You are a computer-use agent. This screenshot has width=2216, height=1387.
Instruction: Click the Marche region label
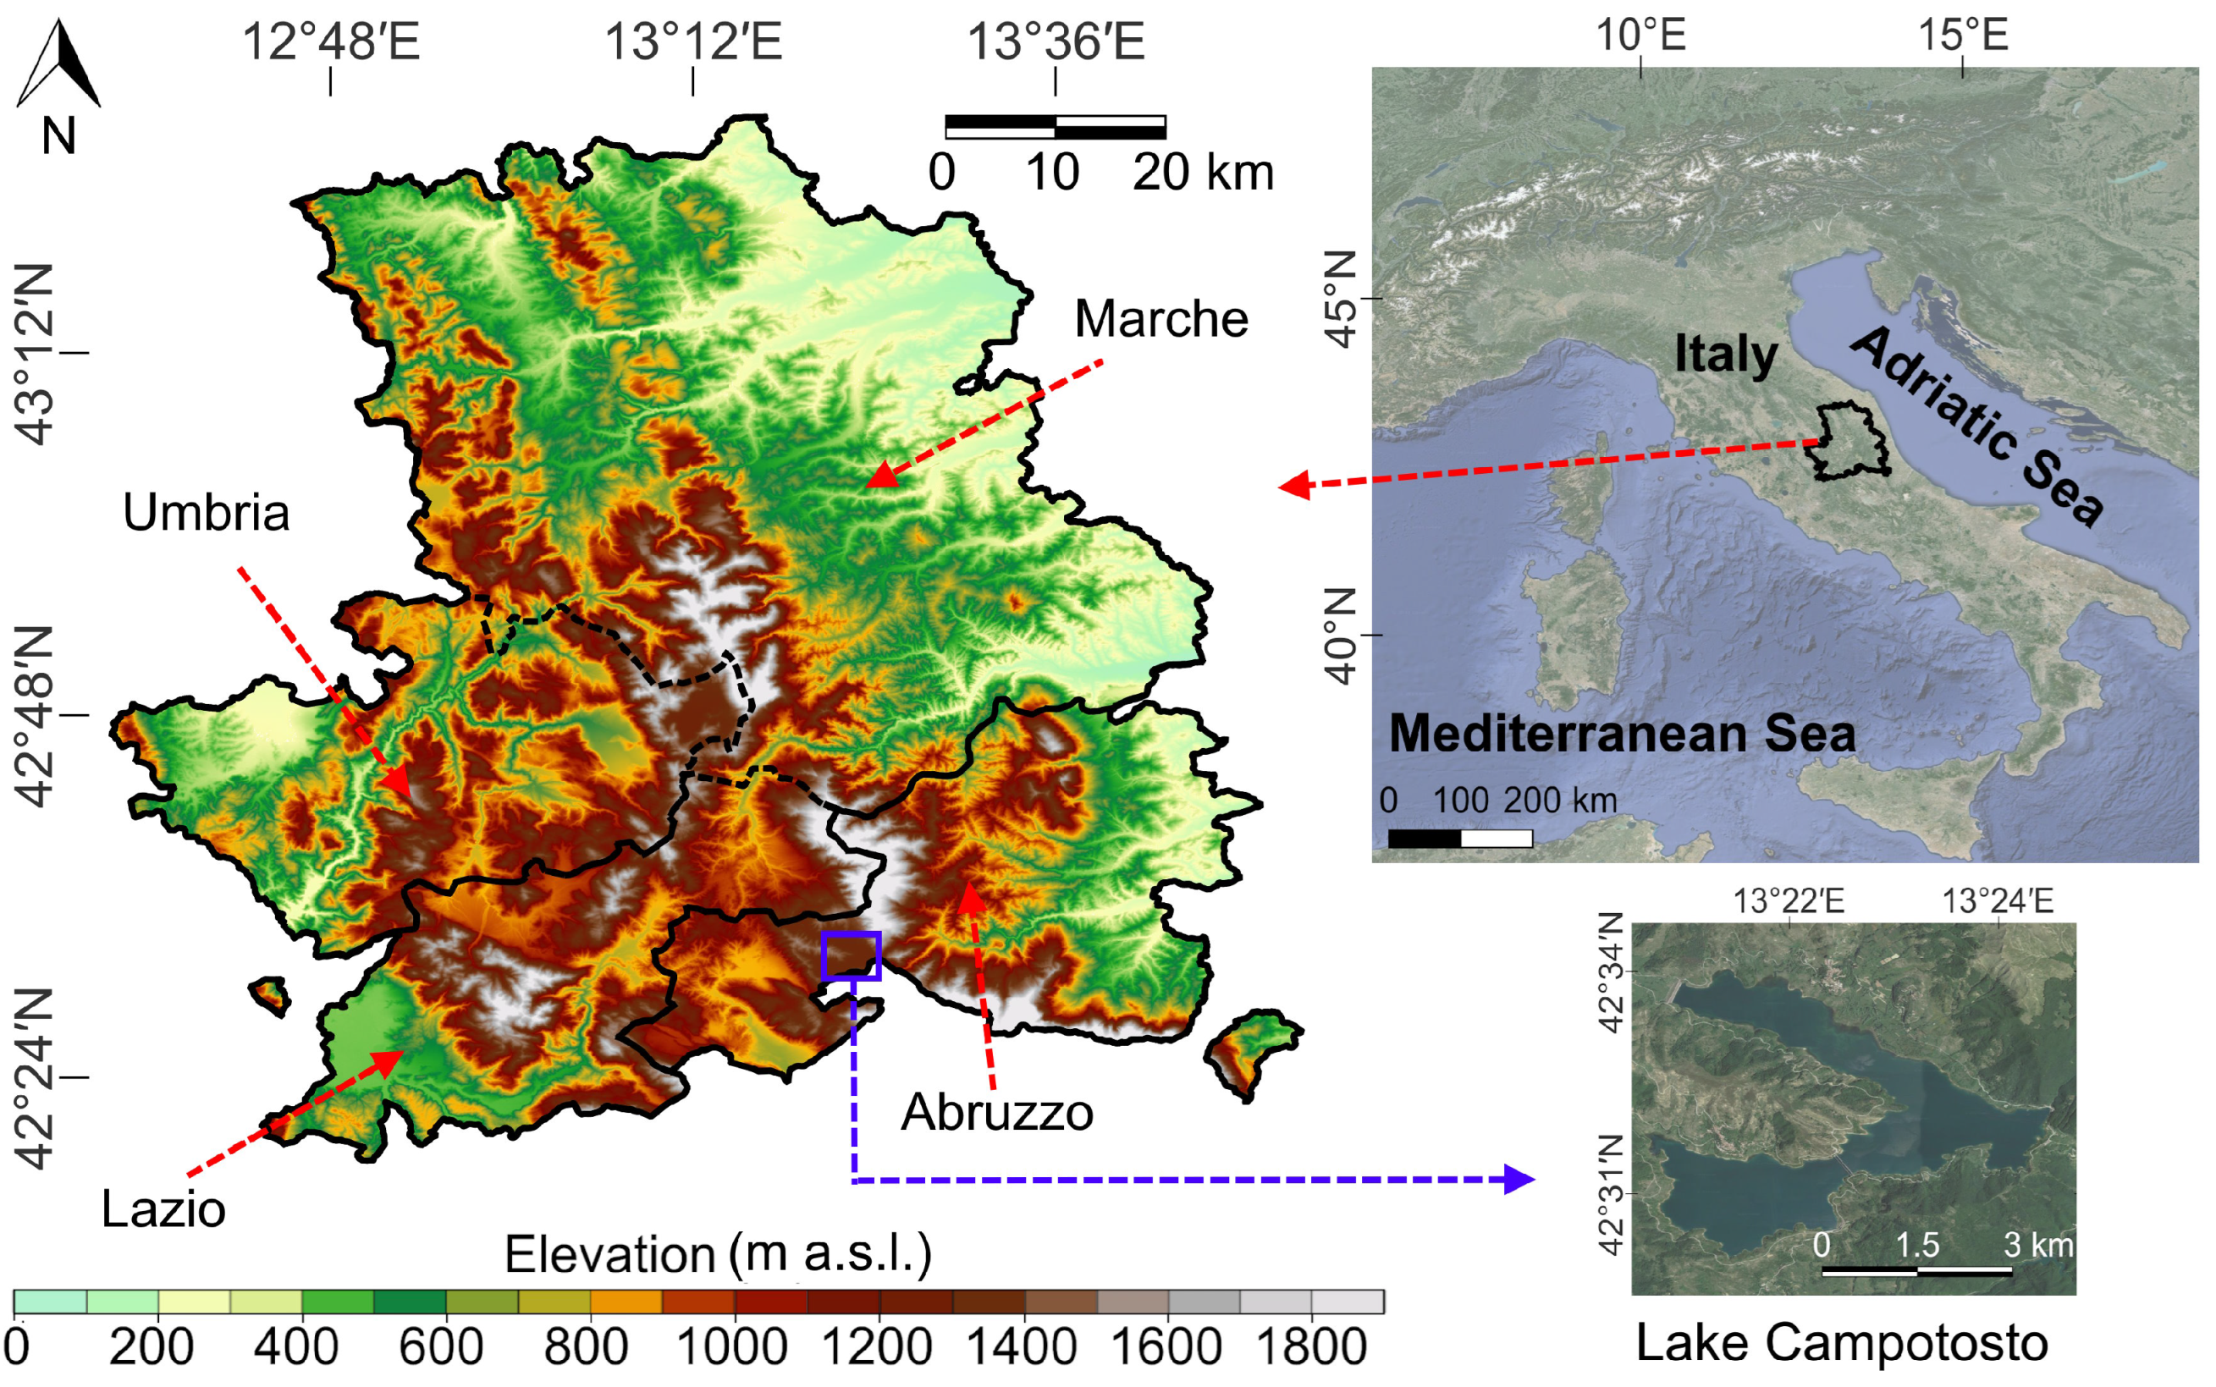pos(1160,319)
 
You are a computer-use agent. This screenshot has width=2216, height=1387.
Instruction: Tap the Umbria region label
pos(206,513)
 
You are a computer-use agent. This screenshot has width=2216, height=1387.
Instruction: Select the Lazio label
pos(163,1209)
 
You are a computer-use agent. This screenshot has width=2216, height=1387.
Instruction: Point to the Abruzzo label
pos(996,1113)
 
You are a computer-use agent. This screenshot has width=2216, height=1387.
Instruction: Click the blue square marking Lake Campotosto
pos(852,956)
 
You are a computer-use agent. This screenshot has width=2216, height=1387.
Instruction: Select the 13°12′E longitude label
pos(692,42)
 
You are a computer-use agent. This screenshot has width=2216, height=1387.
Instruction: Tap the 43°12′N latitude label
pos(35,354)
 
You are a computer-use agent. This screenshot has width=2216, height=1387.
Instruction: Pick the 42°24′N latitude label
pos(35,1079)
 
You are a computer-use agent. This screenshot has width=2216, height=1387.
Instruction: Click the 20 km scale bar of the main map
pos(1056,128)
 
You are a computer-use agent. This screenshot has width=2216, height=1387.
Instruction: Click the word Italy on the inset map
pos(1725,354)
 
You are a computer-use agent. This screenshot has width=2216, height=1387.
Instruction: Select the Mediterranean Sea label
pos(1622,734)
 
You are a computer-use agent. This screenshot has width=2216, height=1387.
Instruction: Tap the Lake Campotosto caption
pos(1842,1343)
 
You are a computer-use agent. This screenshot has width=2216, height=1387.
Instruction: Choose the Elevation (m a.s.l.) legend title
pos(718,1254)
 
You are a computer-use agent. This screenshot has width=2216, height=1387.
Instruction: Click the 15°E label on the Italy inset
pos(1963,36)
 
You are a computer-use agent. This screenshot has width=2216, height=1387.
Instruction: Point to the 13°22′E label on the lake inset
pos(1788,902)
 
